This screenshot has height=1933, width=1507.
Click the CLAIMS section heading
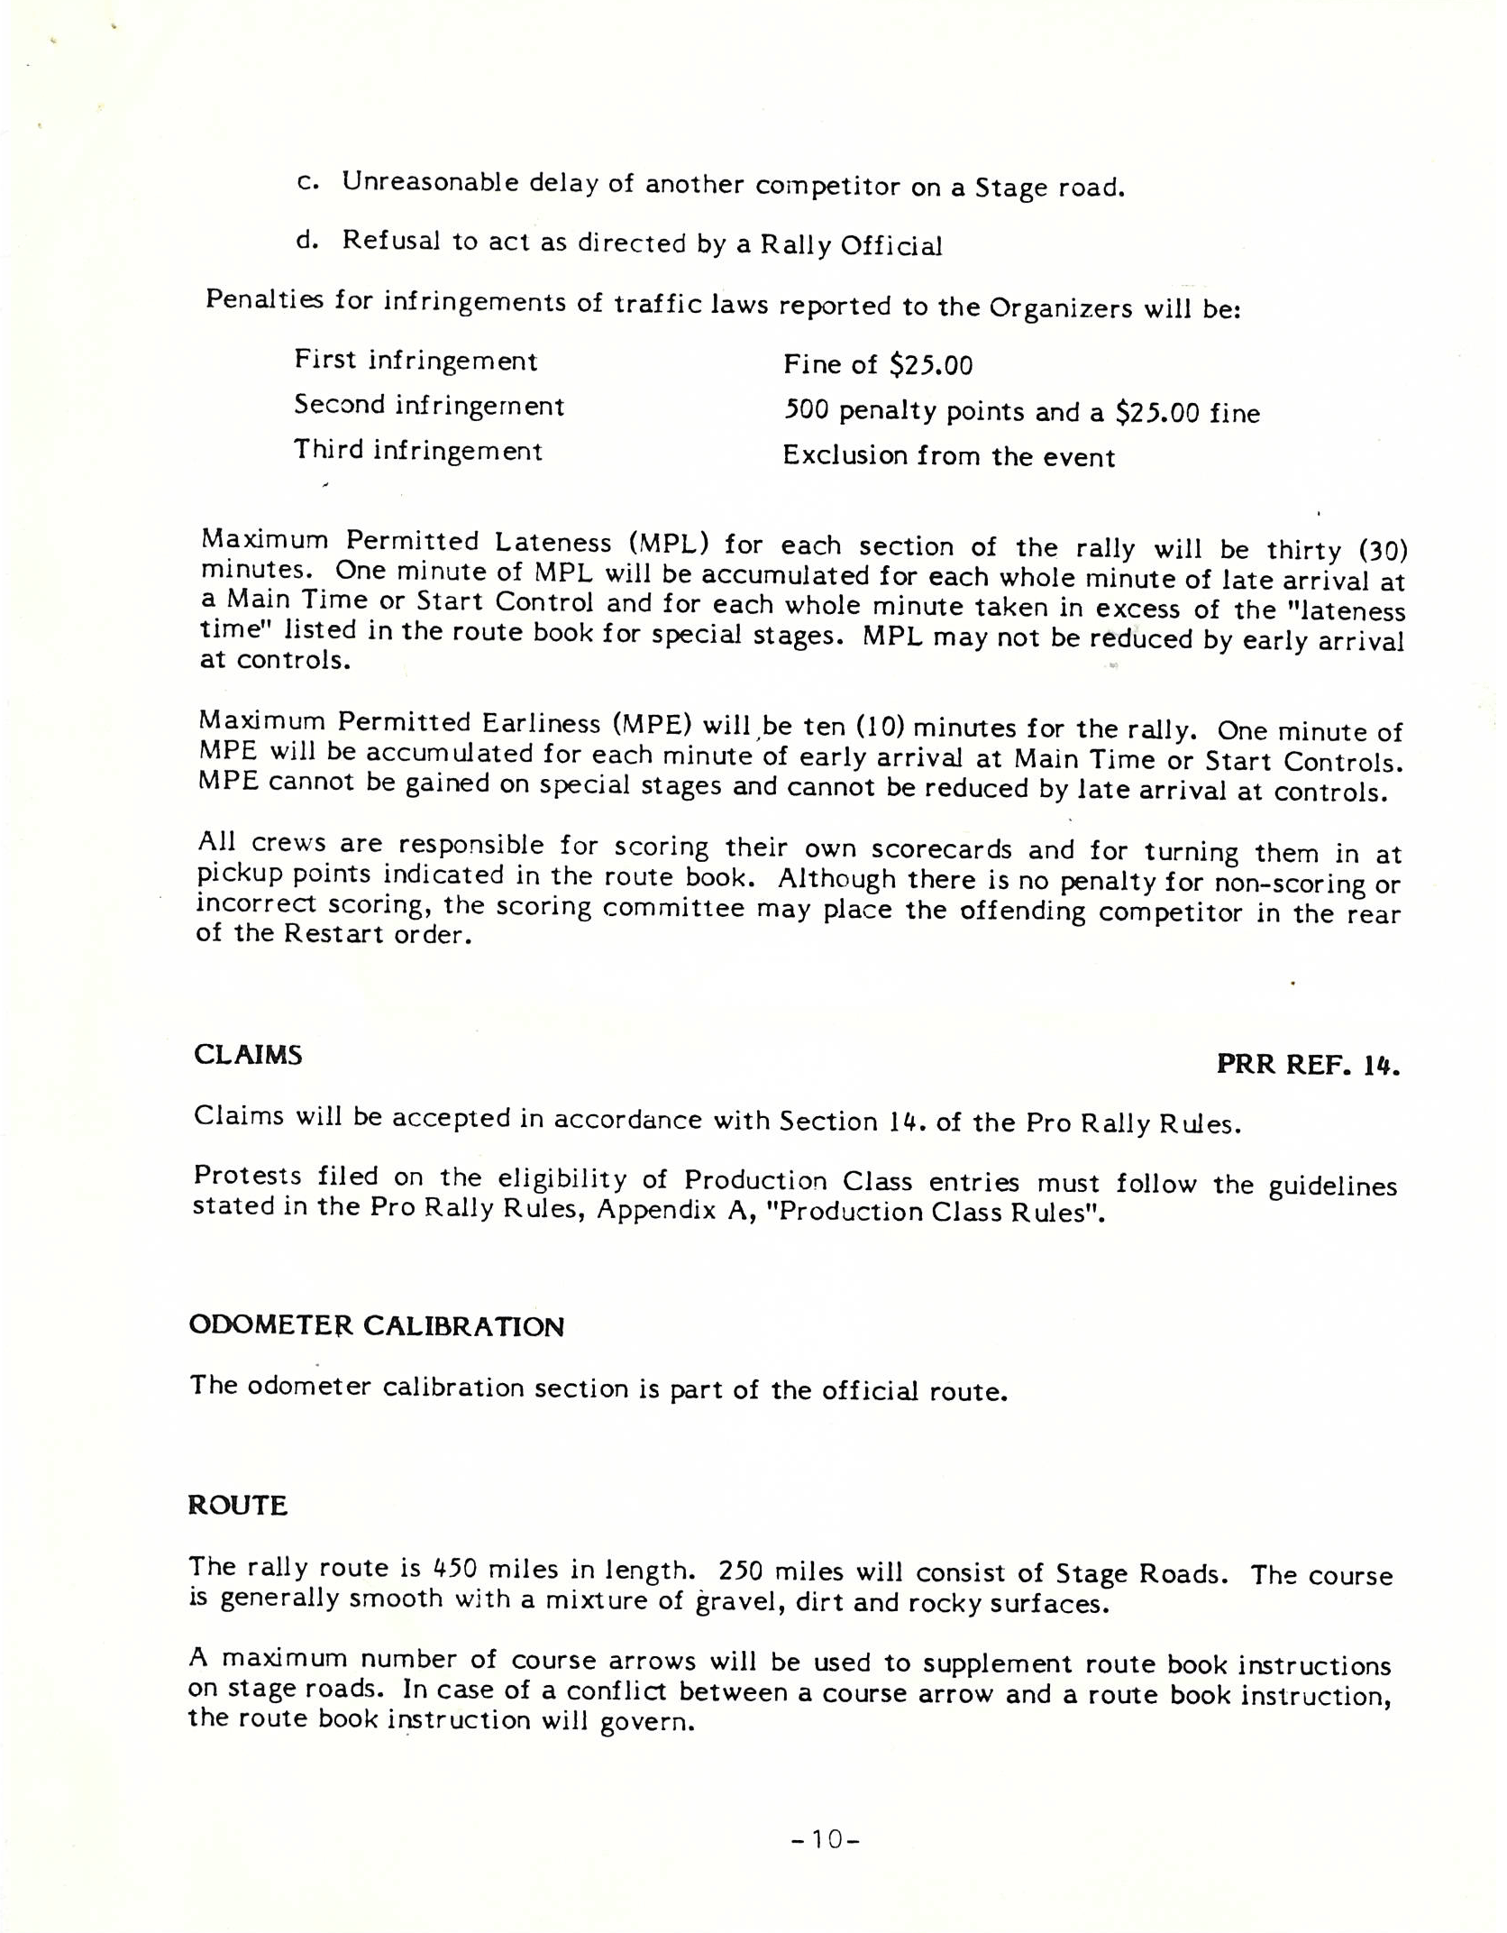[248, 1055]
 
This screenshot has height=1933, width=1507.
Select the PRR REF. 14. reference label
[1308, 1065]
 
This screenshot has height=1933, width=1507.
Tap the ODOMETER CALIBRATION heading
[377, 1326]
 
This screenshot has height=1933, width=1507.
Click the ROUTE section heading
[238, 1506]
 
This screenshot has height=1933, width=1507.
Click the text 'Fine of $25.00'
[878, 365]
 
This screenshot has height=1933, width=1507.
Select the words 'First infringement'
[416, 361]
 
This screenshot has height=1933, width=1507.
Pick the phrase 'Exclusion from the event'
[948, 456]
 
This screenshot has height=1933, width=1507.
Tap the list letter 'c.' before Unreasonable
[308, 182]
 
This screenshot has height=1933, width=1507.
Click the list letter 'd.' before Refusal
[308, 240]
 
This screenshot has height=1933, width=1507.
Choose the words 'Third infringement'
[418, 450]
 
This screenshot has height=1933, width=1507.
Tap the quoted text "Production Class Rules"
[940, 1213]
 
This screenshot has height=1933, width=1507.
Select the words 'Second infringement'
[429, 406]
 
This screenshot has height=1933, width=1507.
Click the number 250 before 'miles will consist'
[741, 1571]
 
